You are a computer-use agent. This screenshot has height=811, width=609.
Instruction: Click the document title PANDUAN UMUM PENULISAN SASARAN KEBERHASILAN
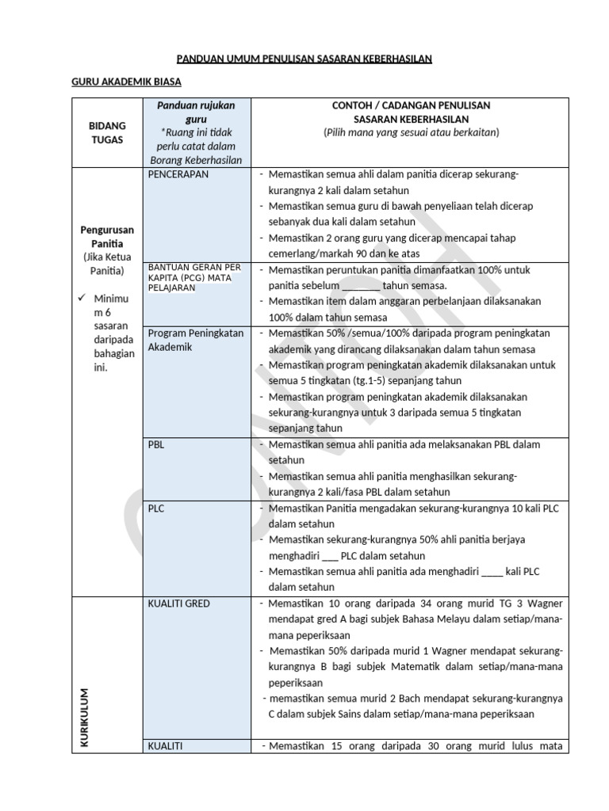304,59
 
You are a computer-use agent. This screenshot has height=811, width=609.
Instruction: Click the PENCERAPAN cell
178,174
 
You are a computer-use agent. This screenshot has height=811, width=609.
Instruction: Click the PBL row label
156,445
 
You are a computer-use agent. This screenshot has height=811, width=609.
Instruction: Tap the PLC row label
156,508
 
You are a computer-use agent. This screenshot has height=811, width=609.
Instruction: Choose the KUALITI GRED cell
179,603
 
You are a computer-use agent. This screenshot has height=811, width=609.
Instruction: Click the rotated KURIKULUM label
84,718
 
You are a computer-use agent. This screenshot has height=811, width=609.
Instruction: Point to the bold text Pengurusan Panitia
105,237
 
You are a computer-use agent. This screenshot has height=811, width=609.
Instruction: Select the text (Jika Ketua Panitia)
105,265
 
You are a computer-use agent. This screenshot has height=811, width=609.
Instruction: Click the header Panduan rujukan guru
196,112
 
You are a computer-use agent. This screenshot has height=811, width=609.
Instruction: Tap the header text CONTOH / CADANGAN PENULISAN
411,105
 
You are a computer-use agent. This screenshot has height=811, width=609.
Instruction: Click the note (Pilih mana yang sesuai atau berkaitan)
411,132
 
